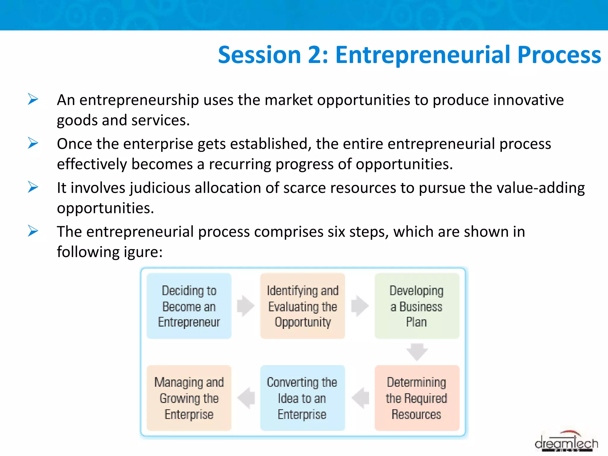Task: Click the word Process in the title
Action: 559,55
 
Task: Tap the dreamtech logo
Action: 566,443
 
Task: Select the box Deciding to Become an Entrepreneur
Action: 189,306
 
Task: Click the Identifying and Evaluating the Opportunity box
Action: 303,306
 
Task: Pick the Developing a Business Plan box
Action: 417,306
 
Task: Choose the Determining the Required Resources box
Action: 417,398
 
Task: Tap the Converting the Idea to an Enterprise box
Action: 303,398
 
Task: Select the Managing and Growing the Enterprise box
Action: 189,398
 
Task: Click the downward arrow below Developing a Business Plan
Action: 417,352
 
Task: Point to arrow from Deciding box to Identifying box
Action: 246,306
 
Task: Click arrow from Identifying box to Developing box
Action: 360,306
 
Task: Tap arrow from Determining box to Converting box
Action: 360,398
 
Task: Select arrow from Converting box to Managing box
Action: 246,398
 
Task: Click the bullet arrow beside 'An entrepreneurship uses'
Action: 33,99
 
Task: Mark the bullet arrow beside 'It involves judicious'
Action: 33,187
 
